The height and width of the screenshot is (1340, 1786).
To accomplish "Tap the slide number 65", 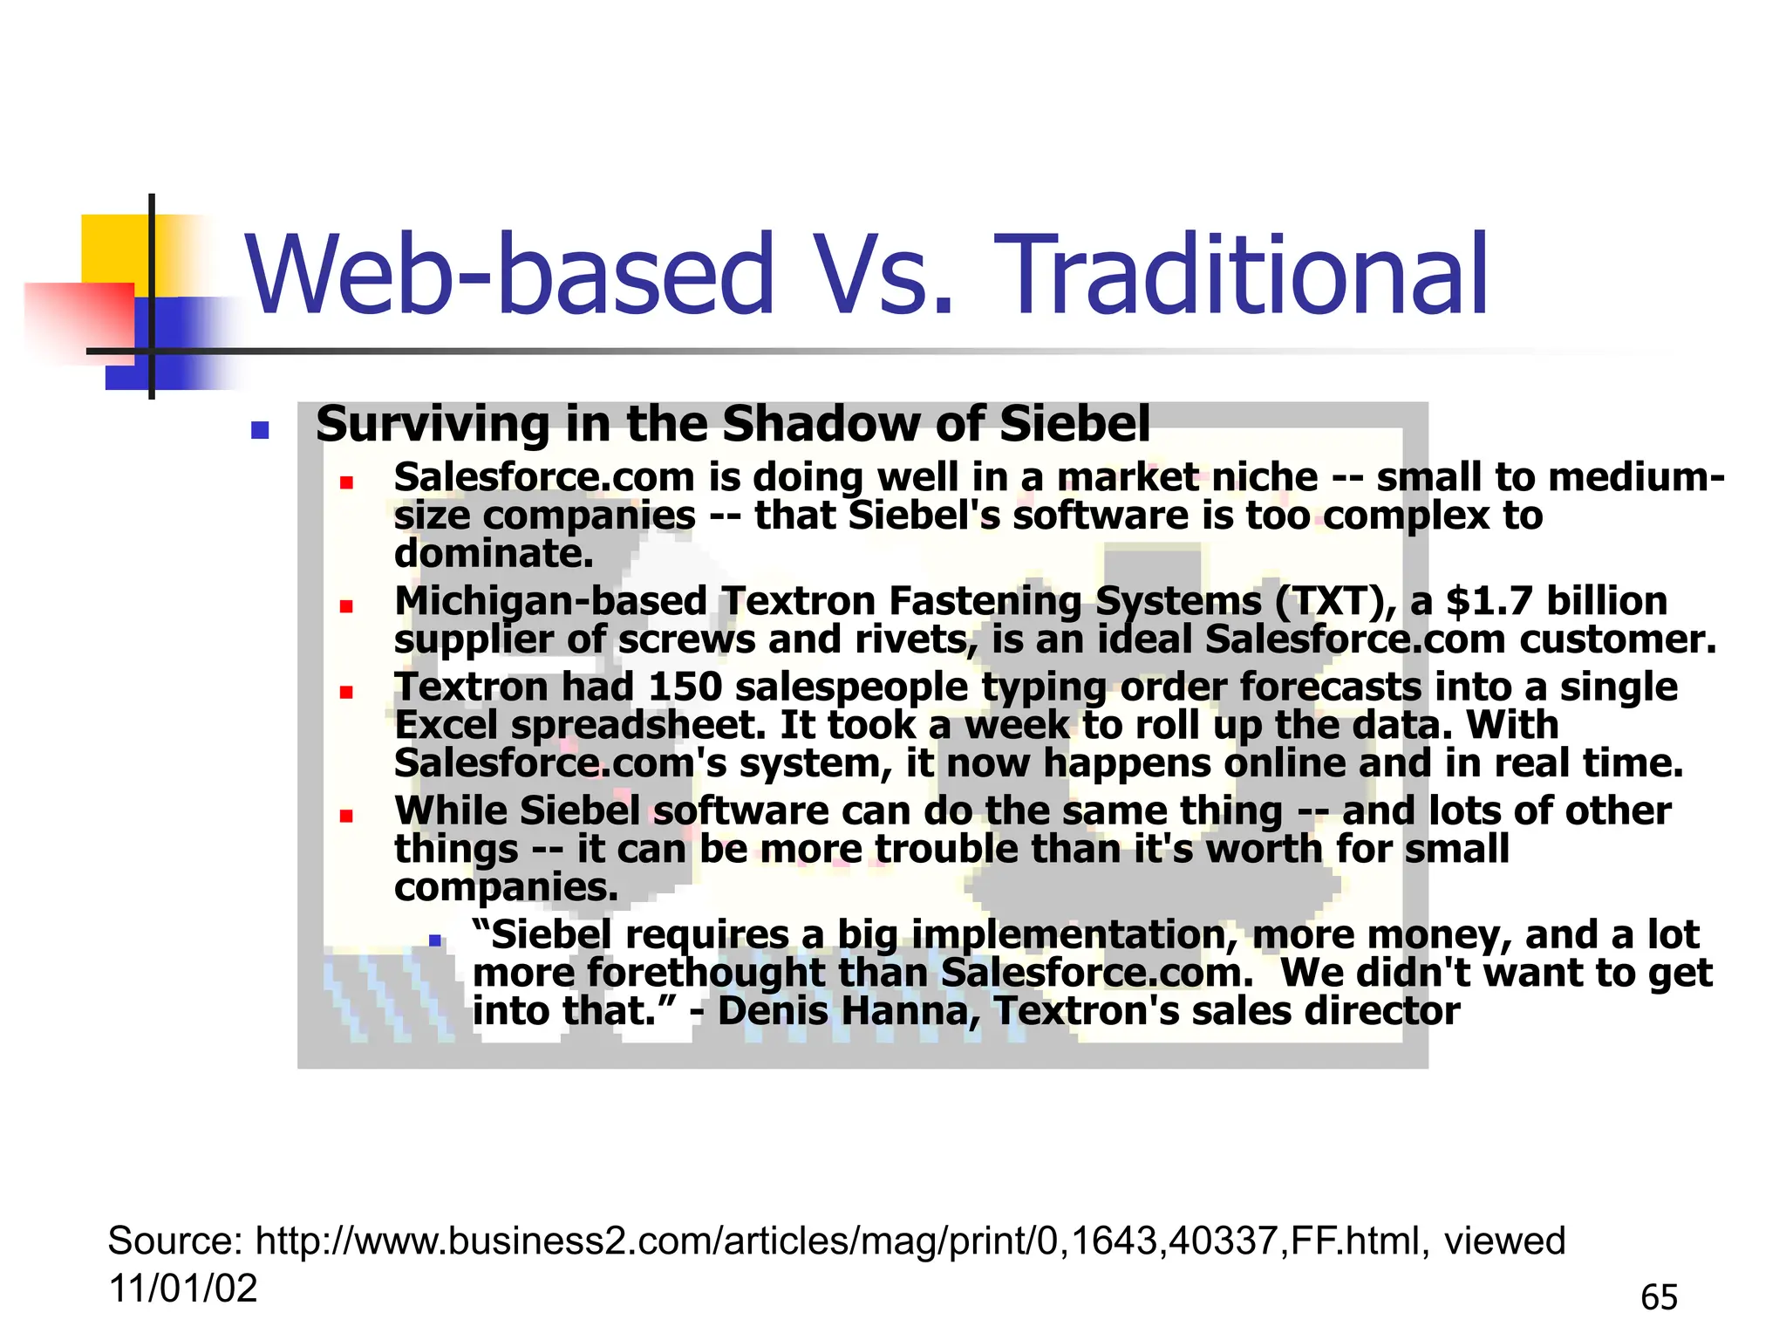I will point(1659,1298).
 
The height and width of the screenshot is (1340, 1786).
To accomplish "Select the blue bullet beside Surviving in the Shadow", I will point(259,429).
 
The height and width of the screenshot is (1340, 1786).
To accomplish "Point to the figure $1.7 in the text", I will point(1489,601).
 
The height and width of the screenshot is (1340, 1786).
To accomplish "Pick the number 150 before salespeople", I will point(685,687).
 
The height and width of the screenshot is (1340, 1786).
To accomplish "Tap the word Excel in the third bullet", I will point(445,725).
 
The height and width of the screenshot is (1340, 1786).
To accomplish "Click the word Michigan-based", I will point(550,601).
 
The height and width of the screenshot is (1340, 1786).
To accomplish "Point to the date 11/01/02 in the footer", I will point(182,1289).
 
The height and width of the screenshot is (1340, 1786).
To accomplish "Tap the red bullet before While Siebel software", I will point(346,817).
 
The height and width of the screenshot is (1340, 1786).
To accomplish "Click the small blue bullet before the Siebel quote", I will point(434,940).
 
